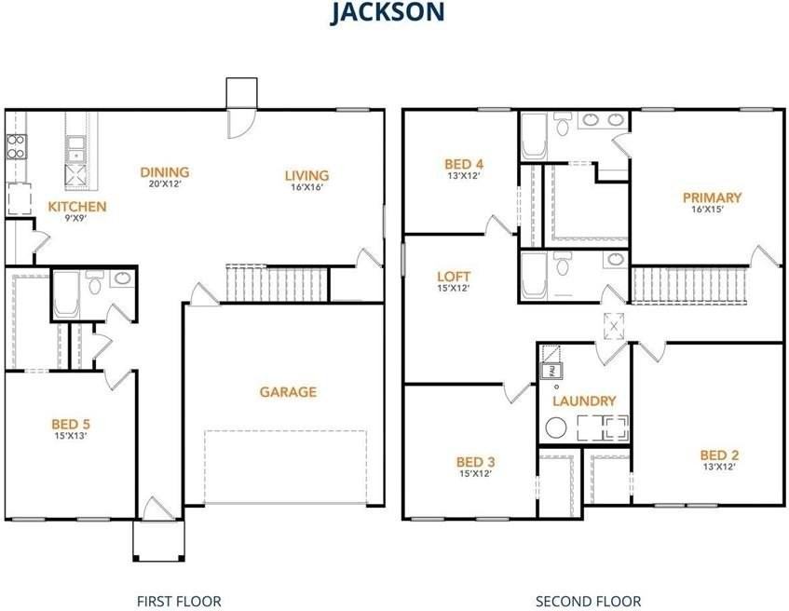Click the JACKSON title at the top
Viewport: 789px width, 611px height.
388,12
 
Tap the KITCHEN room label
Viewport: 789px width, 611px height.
77,207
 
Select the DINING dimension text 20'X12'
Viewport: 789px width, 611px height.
165,183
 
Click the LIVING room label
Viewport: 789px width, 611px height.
306,176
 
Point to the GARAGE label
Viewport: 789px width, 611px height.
289,392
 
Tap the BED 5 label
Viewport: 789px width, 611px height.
71,425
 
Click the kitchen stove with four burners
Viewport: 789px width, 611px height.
16,146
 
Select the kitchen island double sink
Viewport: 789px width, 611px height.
76,149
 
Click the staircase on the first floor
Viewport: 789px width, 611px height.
277,284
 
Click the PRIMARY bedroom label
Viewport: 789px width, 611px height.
712,197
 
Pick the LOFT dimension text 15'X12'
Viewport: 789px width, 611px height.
454,289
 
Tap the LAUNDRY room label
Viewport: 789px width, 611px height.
584,401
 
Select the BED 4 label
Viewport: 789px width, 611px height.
464,164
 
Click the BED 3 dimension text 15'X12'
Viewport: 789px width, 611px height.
475,473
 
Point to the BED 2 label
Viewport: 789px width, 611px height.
719,455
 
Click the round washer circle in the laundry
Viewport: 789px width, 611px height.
556,428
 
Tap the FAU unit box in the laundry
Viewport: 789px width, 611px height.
551,371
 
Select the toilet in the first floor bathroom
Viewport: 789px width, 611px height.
94,283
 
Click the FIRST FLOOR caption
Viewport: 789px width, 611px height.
179,602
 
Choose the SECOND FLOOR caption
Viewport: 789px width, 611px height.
588,602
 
